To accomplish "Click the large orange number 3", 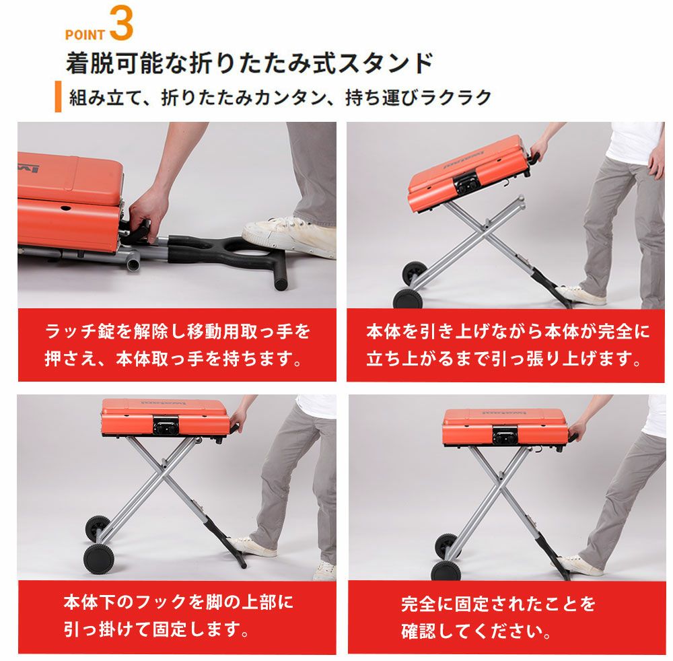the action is coord(121,23).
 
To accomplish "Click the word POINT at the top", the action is coord(85,35).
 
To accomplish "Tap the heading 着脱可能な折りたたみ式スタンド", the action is coord(249,63).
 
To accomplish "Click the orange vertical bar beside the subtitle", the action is coord(58,96).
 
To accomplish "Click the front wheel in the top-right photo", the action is coord(407,298).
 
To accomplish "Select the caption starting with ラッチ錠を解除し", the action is coord(177,345).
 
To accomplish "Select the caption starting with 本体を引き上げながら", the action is coord(507,345).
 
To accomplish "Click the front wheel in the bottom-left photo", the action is coord(100,559).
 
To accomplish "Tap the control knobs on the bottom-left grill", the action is coord(166,427).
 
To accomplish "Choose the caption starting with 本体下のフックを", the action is coord(178,616).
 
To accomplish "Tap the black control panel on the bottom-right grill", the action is coord(505,436).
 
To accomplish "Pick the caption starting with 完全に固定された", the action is coord(498,617).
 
